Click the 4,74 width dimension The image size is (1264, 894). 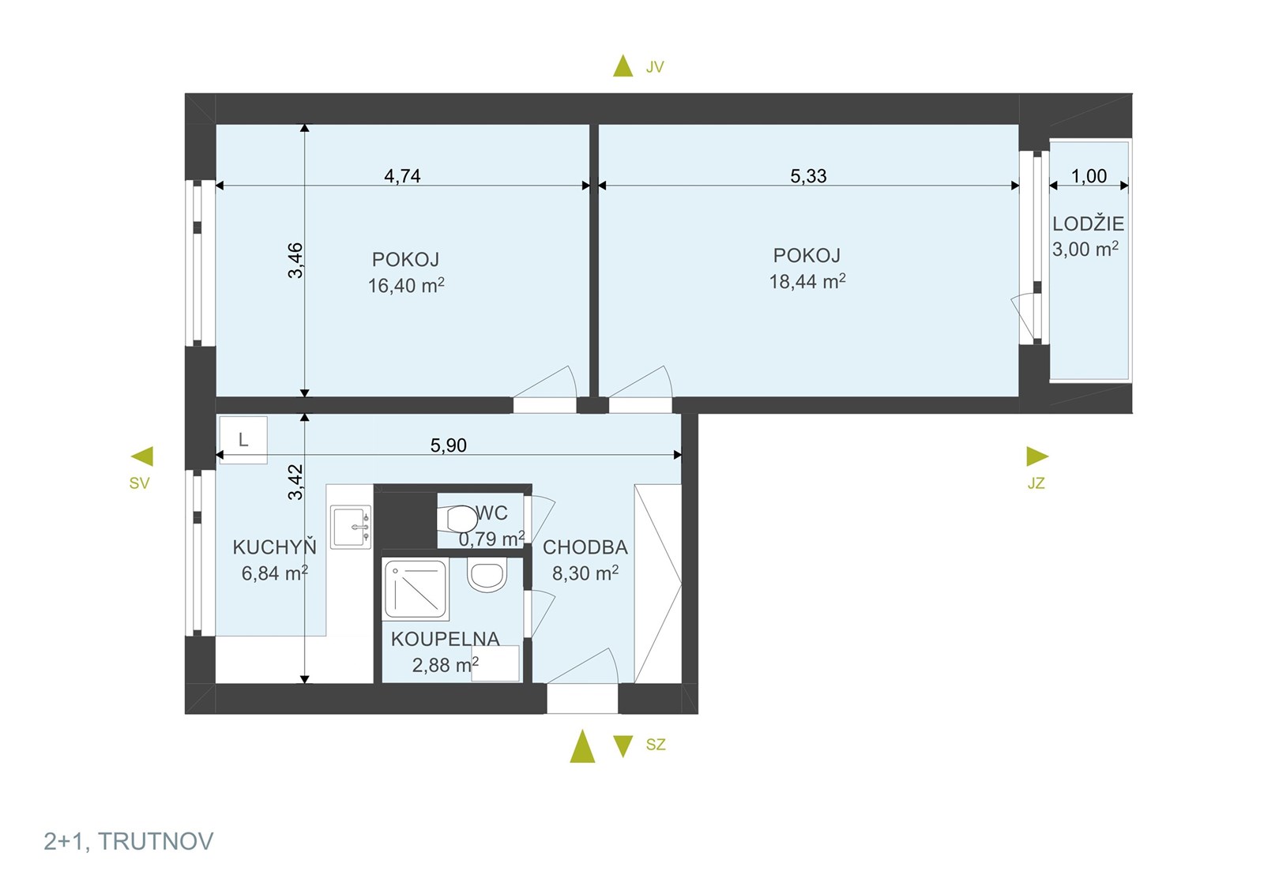pos(402,176)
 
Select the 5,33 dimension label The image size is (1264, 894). pos(808,176)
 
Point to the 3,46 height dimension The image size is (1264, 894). pos(295,260)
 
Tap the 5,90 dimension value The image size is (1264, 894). pos(449,445)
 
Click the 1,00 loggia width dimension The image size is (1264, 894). pos(1089,176)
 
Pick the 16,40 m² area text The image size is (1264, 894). pos(406,285)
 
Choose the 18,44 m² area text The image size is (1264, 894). pos(807,281)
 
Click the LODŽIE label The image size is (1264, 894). pos(1089,224)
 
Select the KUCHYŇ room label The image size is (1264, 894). pos(275,547)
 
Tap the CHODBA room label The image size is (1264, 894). pos(585,547)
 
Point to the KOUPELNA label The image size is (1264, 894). pos(446,639)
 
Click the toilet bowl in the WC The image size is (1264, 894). pos(457,518)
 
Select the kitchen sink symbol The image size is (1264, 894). pos(351,527)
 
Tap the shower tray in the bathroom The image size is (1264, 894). pos(416,588)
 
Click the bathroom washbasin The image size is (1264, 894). pos(486,575)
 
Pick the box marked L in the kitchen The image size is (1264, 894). pos(243,440)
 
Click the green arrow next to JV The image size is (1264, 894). pos(623,66)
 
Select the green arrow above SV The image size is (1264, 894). pos(141,456)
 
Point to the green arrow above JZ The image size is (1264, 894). pos(1037,456)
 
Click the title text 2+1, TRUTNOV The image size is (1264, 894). pos(129,842)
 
